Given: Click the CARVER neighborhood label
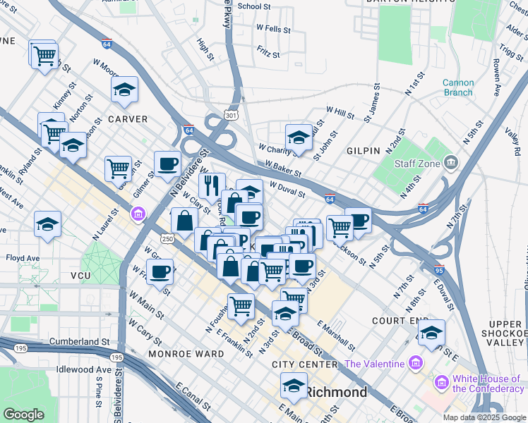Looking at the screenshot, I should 128,119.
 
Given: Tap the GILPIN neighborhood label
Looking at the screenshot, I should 363,151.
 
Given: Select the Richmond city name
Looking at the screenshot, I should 337,393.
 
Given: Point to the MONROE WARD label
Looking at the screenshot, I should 180,352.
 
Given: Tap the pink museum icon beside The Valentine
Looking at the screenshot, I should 415,364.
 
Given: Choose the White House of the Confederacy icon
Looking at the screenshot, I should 442,382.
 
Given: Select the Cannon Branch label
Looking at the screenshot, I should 458,87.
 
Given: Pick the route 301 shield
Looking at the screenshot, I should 231,114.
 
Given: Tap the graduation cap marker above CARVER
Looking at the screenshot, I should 124,90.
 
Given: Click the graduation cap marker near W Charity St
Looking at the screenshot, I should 299,137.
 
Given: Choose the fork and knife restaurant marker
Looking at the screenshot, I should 212,185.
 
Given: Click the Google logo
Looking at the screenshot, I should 24,415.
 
